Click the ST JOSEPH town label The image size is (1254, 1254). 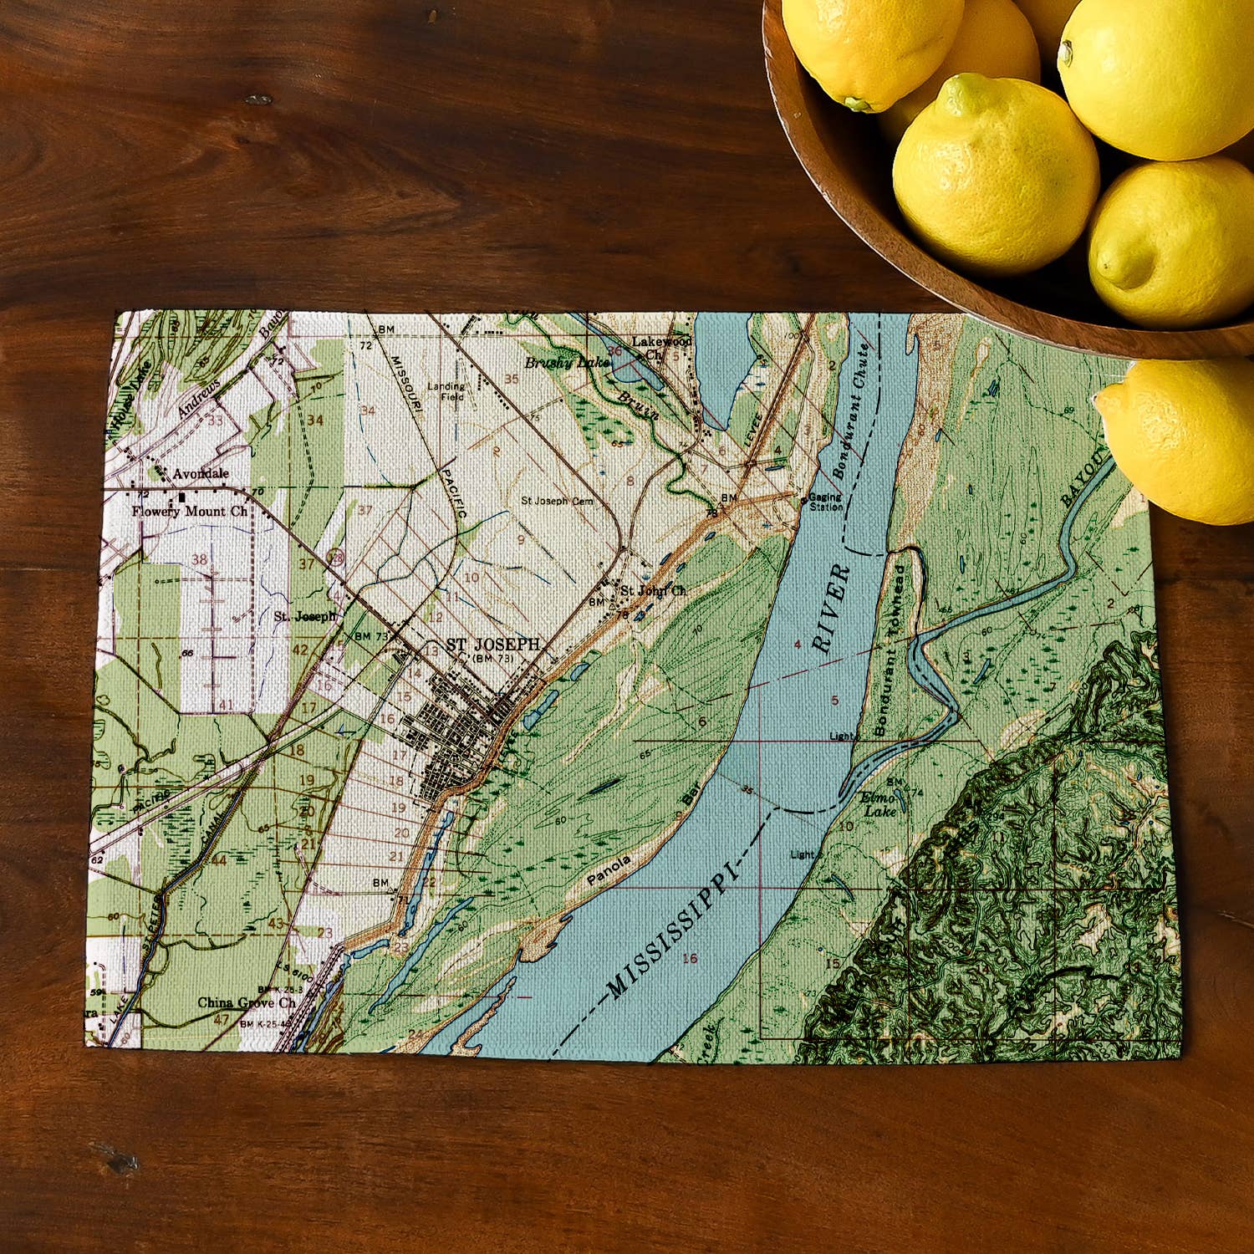(x=492, y=645)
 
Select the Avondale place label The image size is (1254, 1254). (x=201, y=474)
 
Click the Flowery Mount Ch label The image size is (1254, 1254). (x=190, y=511)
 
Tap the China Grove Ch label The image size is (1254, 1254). (x=246, y=1002)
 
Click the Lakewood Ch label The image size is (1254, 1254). (x=660, y=346)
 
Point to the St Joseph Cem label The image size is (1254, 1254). (x=557, y=501)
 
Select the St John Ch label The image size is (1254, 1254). (x=652, y=590)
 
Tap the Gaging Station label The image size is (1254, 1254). (x=825, y=502)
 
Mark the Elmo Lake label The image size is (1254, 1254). (x=879, y=804)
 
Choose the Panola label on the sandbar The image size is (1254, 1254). (x=609, y=870)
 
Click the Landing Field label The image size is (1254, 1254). (x=446, y=391)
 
